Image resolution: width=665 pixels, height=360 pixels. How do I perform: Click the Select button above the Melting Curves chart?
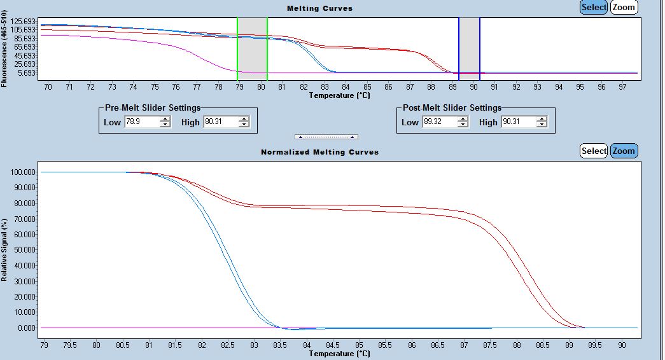click(594, 8)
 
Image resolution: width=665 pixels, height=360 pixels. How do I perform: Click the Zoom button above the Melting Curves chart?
click(624, 8)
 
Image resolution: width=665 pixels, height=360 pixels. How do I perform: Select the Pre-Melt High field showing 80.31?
click(220, 122)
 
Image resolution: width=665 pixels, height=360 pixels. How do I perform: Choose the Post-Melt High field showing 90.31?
click(518, 122)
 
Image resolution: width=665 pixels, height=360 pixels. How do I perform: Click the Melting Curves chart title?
click(319, 8)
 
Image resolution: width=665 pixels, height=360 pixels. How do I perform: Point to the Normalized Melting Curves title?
click(319, 152)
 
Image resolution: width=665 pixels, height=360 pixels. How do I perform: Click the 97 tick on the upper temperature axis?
click(623, 87)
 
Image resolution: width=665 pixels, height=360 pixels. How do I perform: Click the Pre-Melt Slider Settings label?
click(153, 107)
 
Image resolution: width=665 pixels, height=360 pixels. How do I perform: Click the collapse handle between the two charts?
click(326, 137)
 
